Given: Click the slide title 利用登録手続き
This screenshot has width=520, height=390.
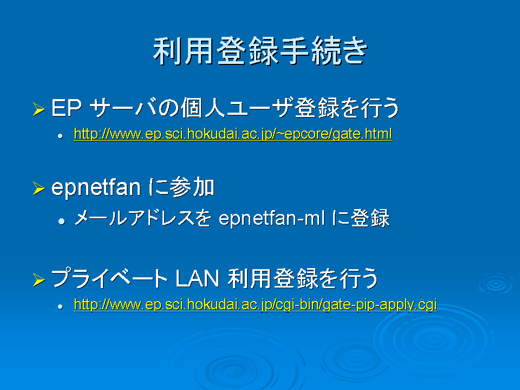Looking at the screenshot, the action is pyautogui.click(x=261, y=51).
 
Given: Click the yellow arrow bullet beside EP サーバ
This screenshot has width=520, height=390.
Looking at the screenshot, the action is pyautogui.click(x=39, y=109).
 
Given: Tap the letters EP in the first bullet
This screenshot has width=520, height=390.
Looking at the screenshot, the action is pyautogui.click(x=66, y=108).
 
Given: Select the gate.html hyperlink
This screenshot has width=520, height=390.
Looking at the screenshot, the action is pyautogui.click(x=233, y=134).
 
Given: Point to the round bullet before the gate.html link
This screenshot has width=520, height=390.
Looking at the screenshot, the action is pyautogui.click(x=60, y=135).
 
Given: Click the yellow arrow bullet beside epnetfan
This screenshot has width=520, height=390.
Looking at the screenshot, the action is pyautogui.click(x=39, y=188).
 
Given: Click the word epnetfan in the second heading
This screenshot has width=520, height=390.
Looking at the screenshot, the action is pyautogui.click(x=96, y=188).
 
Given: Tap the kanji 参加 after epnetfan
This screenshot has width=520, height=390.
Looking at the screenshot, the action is pyautogui.click(x=192, y=187).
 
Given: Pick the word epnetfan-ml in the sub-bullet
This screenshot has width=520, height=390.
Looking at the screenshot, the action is pyautogui.click(x=271, y=218).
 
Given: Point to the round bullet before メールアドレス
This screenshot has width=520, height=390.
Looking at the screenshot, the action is pyautogui.click(x=61, y=221).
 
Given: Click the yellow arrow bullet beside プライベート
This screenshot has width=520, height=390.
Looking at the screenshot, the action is pyautogui.click(x=39, y=279).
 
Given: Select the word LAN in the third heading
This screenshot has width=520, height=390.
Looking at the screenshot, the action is pyautogui.click(x=197, y=278).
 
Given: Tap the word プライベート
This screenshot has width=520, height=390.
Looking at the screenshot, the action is pyautogui.click(x=110, y=278).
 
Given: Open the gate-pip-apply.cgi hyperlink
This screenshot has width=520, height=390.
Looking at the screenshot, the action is pyautogui.click(x=255, y=304).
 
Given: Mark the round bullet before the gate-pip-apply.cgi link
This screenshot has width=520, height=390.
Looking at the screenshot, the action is pyautogui.click(x=60, y=307).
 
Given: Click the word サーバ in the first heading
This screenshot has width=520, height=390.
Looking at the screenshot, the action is pyautogui.click(x=123, y=108).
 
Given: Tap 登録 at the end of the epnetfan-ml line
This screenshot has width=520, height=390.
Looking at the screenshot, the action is pyautogui.click(x=370, y=218).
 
